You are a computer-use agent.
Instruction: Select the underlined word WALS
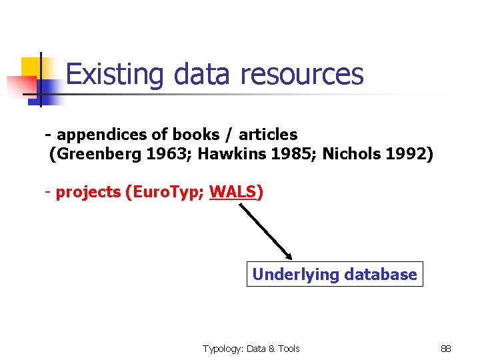(x=233, y=193)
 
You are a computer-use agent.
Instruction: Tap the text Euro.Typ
(x=167, y=193)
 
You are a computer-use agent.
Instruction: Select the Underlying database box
(x=335, y=274)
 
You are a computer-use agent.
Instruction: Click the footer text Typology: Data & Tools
(x=251, y=349)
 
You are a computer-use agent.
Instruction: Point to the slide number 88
(x=446, y=349)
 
